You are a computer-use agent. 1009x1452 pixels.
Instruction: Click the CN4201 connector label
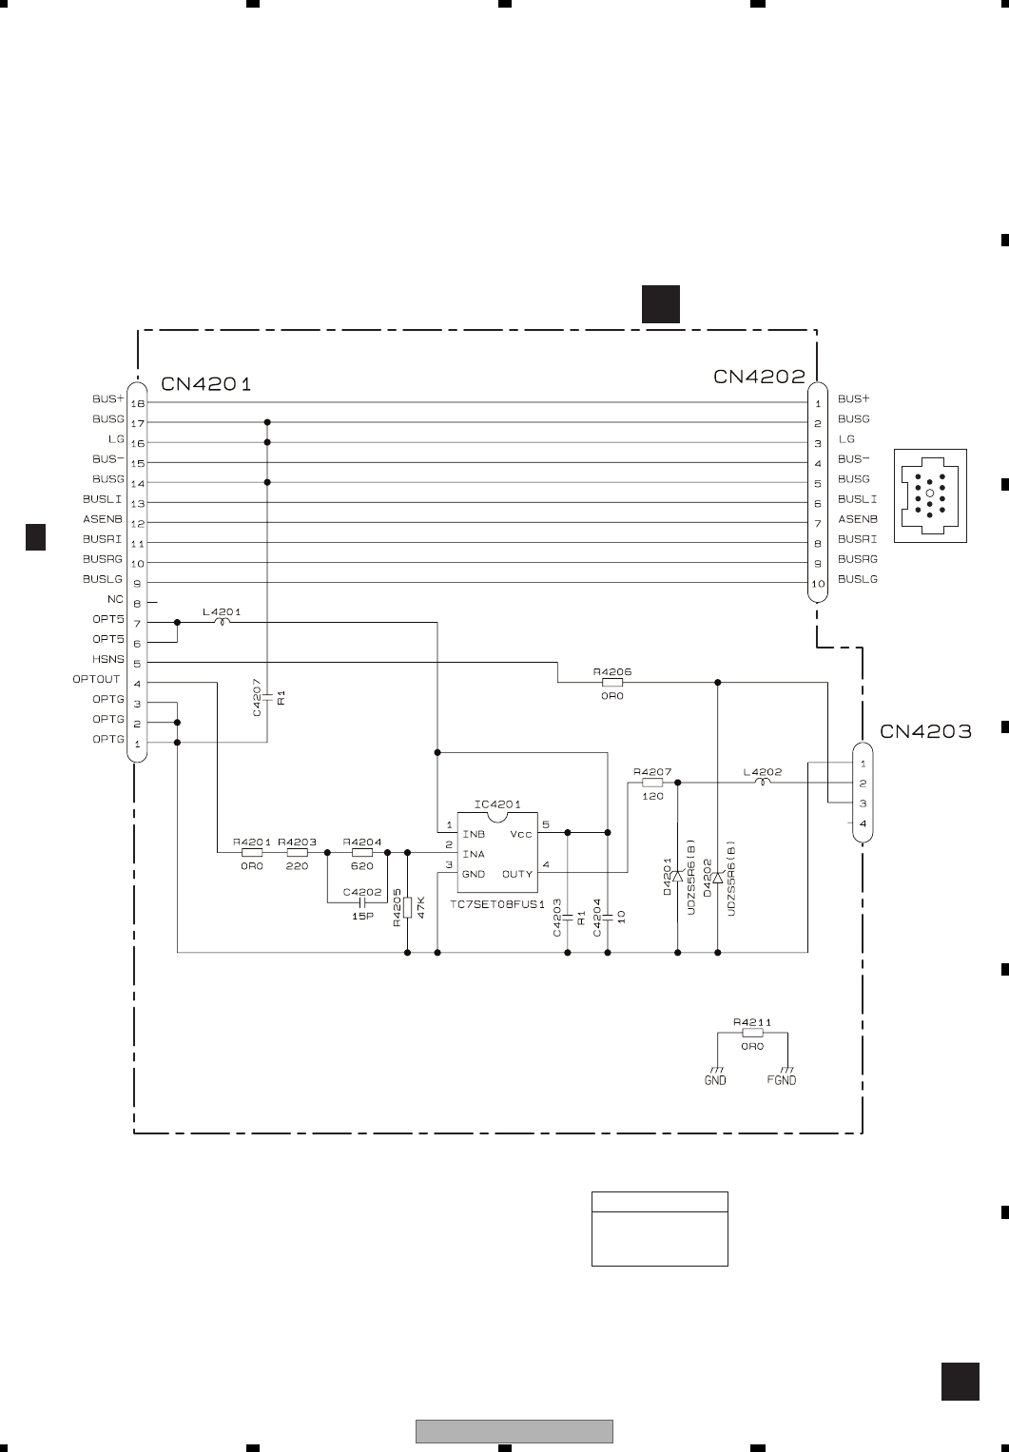coord(206,384)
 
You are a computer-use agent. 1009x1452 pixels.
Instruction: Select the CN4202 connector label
coord(759,377)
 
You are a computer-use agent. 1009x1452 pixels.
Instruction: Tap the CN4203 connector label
coord(925,731)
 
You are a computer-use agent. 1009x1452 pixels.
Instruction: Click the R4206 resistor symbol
coord(612,682)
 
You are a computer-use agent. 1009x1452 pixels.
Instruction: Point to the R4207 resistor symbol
coord(651,783)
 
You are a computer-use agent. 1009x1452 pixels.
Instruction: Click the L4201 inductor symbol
coord(223,623)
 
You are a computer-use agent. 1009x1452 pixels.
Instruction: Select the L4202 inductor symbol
coord(763,783)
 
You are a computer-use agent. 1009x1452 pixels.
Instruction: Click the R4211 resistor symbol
coord(752,1033)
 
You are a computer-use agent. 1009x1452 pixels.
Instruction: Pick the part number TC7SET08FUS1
coord(497,906)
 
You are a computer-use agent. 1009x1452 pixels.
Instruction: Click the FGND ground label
coord(782,1080)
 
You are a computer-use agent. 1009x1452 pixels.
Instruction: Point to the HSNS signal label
coord(108,659)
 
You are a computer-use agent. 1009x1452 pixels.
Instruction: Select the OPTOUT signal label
coord(97,679)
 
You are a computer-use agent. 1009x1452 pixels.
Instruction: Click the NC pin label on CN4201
coord(115,599)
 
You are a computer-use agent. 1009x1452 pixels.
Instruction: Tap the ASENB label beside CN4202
coord(857,519)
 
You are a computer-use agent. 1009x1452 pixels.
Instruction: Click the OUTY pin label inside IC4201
coord(517,874)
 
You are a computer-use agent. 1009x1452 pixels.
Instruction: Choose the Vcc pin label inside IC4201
coord(521,834)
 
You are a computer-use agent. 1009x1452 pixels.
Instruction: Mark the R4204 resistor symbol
coord(362,853)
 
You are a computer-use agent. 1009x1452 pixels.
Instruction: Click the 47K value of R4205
coord(420,904)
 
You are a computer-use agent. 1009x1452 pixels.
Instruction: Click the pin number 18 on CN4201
coord(137,403)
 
